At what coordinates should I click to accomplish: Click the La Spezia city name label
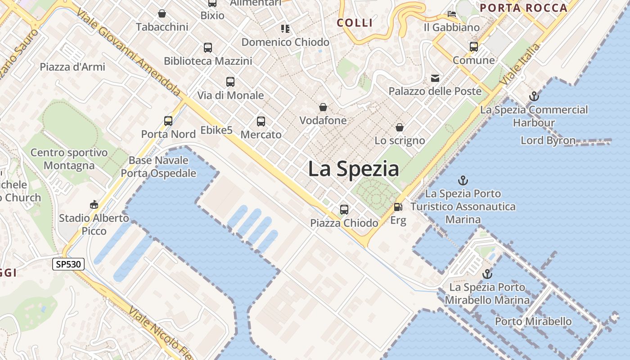click(x=353, y=169)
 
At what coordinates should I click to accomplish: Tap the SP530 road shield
click(x=68, y=264)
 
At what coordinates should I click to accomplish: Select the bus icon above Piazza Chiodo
click(x=344, y=210)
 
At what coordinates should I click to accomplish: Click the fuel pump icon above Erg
click(x=398, y=207)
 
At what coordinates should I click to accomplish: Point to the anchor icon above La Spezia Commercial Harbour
click(x=534, y=96)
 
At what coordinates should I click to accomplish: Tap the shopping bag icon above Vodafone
click(x=323, y=107)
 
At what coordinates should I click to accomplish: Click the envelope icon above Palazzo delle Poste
click(x=435, y=78)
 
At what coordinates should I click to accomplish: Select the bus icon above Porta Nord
click(x=168, y=121)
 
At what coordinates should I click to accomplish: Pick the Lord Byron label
click(x=548, y=140)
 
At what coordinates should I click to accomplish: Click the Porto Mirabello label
click(x=533, y=321)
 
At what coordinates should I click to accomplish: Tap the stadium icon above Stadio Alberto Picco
click(x=94, y=205)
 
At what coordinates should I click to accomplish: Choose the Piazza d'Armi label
click(x=72, y=67)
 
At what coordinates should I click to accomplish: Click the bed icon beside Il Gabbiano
click(x=452, y=14)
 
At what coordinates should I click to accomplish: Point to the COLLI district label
click(x=355, y=23)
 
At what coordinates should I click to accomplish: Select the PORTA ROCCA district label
click(x=523, y=8)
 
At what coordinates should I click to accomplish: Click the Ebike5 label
click(x=216, y=130)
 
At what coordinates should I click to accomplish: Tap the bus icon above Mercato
click(x=261, y=121)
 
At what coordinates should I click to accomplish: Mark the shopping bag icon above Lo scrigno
click(x=399, y=128)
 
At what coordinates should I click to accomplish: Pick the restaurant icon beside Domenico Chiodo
click(x=285, y=29)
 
